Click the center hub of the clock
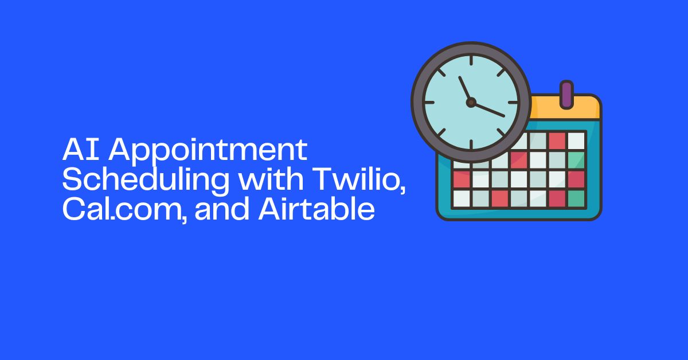point(471,103)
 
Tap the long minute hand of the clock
point(488,109)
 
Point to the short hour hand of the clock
point(464,89)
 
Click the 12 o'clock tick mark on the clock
point(471,61)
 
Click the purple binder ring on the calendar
point(566,94)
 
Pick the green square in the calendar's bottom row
point(576,198)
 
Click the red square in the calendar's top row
point(556,140)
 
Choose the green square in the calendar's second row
point(576,160)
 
